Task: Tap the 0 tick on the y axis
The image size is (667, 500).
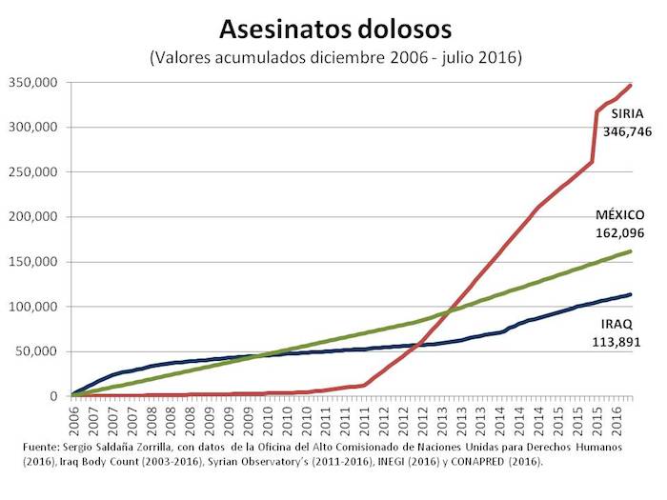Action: pos(55,396)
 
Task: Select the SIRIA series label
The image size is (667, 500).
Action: pos(626,113)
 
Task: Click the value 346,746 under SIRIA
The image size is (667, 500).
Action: pos(627,130)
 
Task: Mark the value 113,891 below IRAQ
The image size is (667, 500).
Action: pos(628,342)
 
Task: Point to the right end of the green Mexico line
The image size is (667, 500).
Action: pos(631,251)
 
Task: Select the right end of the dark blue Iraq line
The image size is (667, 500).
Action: pos(631,294)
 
